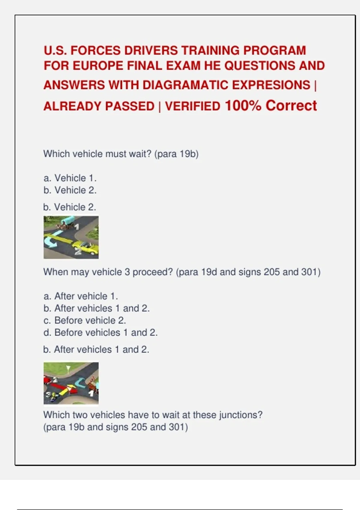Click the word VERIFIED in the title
(x=193, y=106)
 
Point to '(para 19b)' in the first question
(x=176, y=154)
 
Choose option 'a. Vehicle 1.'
(x=70, y=178)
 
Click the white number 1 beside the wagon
(x=77, y=226)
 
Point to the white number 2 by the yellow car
(x=78, y=252)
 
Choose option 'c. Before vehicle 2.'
(x=85, y=321)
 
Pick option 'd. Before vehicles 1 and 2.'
(x=100, y=333)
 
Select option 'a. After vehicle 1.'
(x=81, y=296)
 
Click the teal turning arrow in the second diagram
(x=80, y=382)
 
